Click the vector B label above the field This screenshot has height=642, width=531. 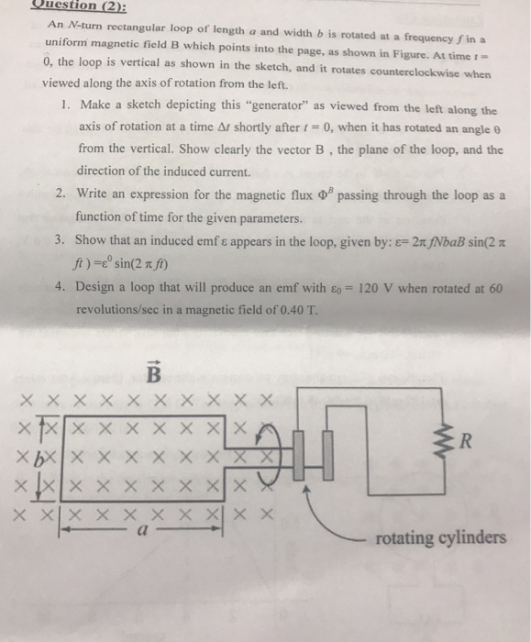(x=154, y=375)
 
